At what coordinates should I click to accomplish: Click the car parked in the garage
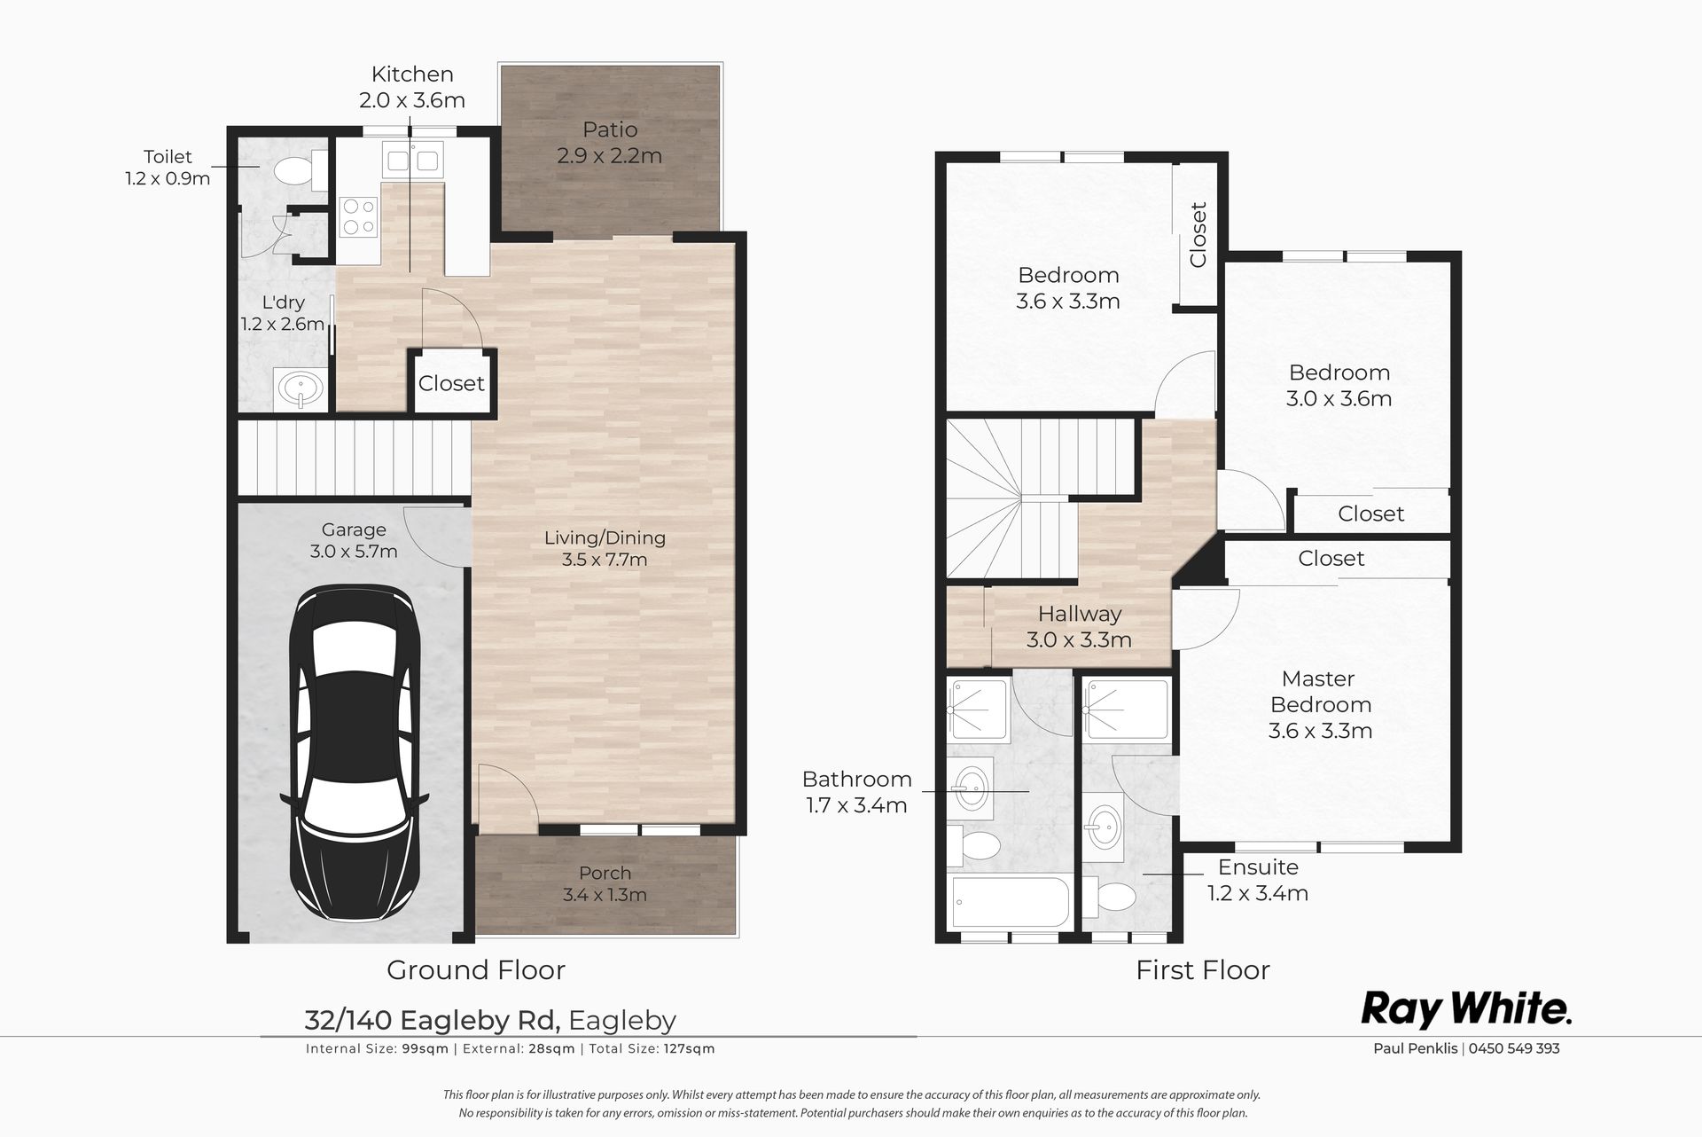[352, 754]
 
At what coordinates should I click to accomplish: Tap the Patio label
[610, 129]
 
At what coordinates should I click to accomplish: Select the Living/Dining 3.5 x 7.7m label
[605, 548]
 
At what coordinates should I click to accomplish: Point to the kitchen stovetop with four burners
[359, 216]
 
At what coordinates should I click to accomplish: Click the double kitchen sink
[410, 161]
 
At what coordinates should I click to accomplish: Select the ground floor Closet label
[451, 383]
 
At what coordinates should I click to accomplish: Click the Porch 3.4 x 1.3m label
[605, 883]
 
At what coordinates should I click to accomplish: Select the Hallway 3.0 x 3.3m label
[1079, 626]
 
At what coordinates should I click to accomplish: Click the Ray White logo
[1466, 1009]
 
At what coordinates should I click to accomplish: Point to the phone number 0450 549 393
[1514, 1048]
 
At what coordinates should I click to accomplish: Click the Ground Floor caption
[476, 969]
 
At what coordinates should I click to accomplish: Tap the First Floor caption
[1203, 969]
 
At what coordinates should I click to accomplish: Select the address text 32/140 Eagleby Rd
[433, 1021]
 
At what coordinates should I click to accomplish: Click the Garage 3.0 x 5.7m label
[354, 540]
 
